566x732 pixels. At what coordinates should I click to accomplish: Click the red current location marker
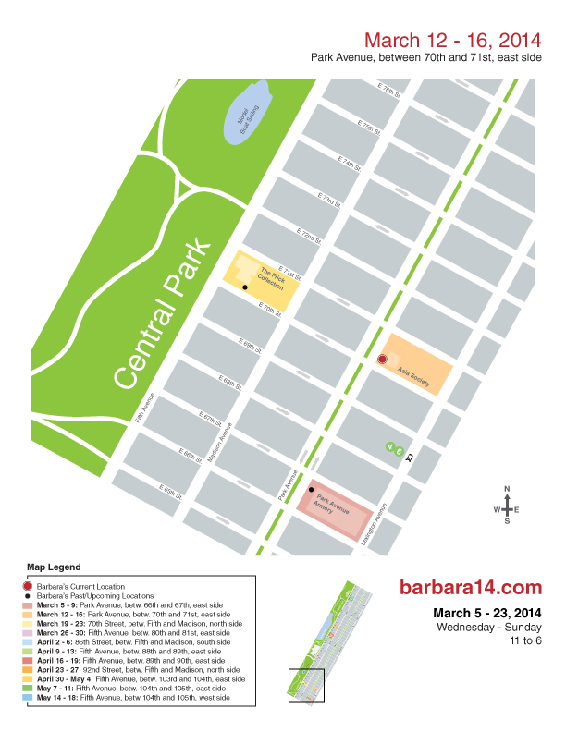(382, 359)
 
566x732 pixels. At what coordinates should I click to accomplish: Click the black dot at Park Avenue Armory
(312, 489)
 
